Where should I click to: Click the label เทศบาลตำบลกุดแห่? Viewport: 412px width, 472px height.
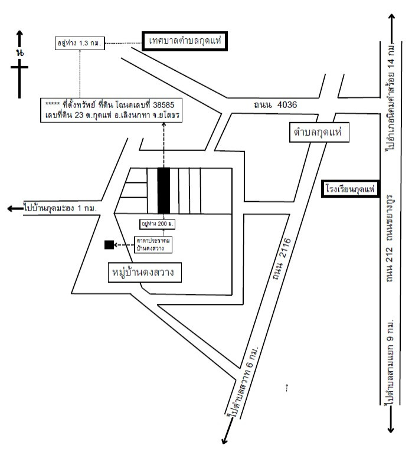point(184,42)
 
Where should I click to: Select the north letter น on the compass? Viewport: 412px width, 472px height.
point(21,53)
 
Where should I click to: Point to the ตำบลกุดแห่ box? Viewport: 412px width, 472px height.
point(319,132)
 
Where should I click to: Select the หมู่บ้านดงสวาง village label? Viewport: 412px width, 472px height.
point(145,274)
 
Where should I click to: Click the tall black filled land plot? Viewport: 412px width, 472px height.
point(164,191)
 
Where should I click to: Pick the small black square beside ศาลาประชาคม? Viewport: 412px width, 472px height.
point(108,244)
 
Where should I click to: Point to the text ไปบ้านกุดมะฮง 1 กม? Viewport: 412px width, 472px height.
point(60,208)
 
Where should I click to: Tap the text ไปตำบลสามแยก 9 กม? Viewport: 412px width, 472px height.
point(391,360)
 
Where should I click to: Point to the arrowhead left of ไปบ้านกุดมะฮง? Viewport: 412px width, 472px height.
point(10,208)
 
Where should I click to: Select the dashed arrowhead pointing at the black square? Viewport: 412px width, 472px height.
point(116,244)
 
